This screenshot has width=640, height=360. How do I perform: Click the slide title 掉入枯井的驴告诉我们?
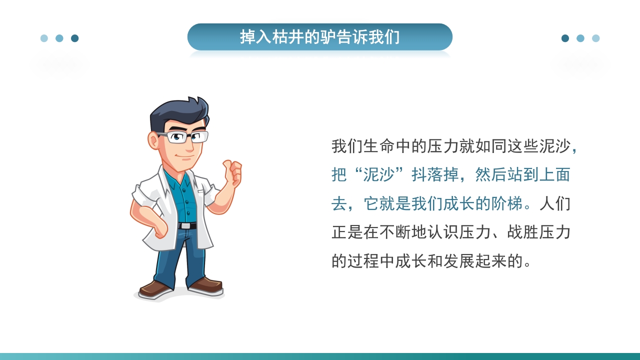coord(320,37)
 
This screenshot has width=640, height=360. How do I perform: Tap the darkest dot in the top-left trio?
coord(75,38)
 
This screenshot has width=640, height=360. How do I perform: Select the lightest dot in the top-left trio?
coord(44,38)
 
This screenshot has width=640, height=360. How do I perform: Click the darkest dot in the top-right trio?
coord(565,38)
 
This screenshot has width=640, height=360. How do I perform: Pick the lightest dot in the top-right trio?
coord(595,38)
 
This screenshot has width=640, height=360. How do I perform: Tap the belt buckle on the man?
coord(186,226)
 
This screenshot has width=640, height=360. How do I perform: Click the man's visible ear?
coord(153,140)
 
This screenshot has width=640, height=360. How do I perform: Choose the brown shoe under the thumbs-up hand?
coord(206,285)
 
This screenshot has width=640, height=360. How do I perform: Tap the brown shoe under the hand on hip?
coord(155,288)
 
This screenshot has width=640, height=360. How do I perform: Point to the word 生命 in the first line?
coord(379,146)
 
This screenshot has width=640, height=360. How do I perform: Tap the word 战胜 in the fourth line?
coord(522,232)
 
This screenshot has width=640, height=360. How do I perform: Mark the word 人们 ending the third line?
coord(555,203)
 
